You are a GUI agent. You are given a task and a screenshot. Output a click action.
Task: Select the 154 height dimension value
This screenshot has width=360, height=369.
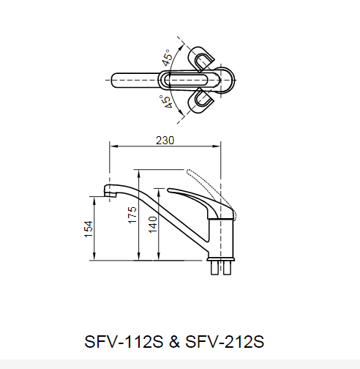[89, 228]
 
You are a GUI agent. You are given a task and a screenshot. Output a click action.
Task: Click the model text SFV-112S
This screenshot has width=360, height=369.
[125, 341]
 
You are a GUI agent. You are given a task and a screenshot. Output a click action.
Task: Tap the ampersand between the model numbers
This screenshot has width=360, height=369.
[175, 341]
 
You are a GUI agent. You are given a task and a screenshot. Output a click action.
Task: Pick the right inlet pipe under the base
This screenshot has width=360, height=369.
[228, 269]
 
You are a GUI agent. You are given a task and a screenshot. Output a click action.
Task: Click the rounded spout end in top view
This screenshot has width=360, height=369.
[115, 79]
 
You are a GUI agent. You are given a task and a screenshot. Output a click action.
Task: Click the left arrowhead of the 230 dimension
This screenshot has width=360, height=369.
[111, 146]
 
